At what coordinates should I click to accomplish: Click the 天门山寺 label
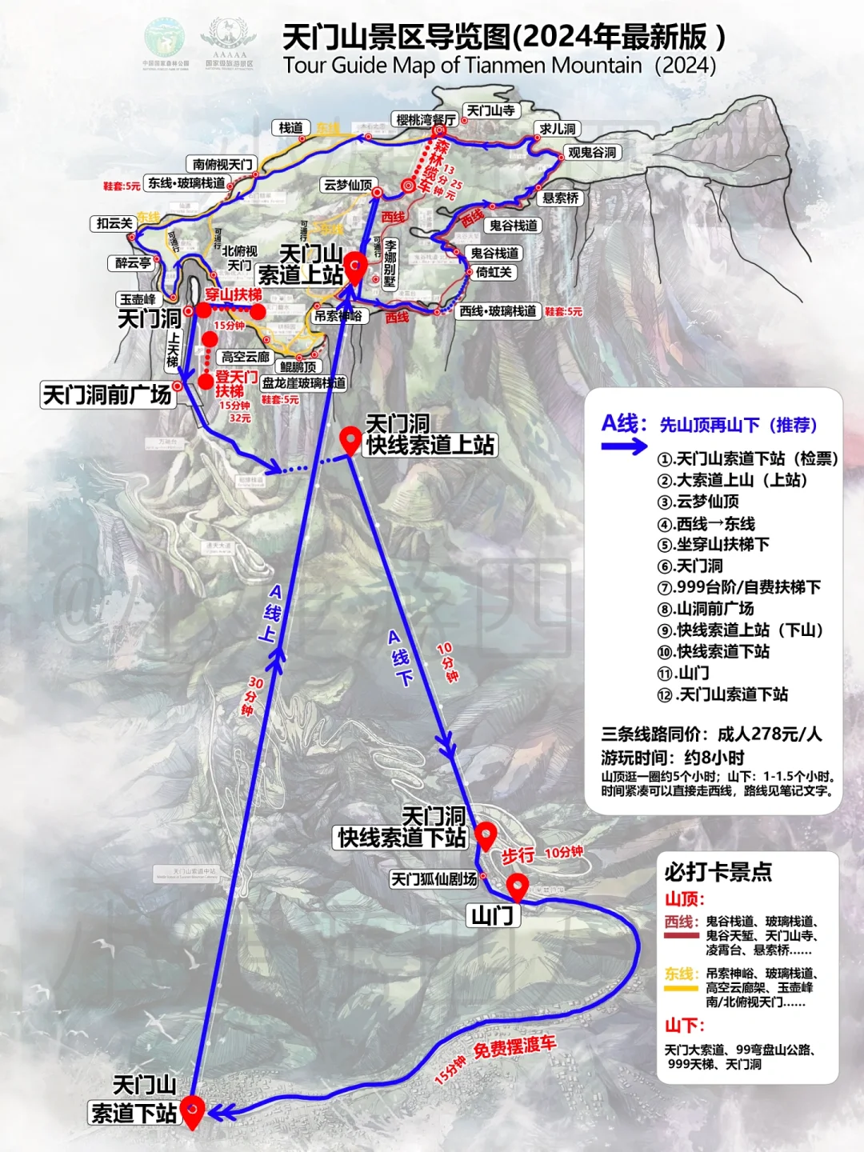tap(491, 110)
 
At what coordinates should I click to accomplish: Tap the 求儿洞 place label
tap(558, 129)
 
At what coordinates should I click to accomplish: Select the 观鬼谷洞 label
tap(592, 152)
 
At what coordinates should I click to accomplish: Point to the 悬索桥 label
tap(560, 198)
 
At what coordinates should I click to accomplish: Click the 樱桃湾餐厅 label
tap(426, 120)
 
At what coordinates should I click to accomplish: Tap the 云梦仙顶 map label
tap(348, 185)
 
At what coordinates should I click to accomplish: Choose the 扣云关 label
tap(114, 223)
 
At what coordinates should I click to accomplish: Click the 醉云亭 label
tap(133, 262)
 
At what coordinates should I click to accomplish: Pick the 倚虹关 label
tap(494, 272)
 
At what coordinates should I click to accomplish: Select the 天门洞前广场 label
tap(107, 394)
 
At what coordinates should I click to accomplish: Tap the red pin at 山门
tap(518, 886)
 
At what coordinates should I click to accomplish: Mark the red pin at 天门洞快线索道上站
tap(350, 438)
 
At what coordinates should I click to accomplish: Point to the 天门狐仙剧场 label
tap(434, 879)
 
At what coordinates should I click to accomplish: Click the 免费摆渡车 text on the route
tap(514, 1046)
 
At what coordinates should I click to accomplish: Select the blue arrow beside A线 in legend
tap(624, 446)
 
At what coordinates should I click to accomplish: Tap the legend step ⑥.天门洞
tap(690, 566)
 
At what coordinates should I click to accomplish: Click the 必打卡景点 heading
tap(718, 871)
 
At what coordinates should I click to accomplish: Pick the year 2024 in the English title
tap(685, 65)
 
